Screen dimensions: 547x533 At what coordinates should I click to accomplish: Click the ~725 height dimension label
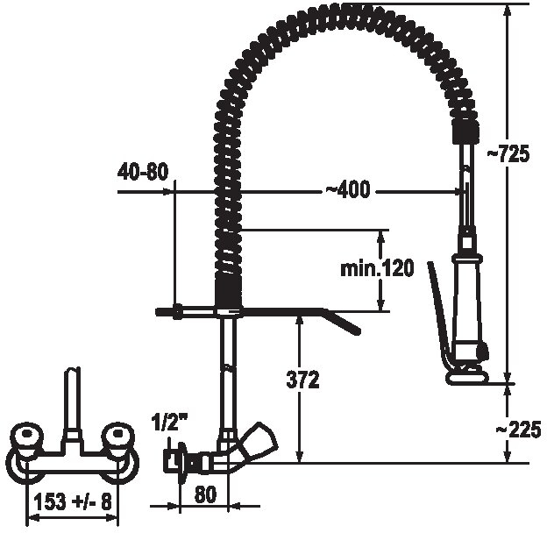tap(508, 153)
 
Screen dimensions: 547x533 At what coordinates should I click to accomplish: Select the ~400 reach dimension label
tap(348, 189)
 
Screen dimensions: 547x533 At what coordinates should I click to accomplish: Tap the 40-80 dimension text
tap(144, 172)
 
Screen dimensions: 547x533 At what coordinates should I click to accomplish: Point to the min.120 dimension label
tap(377, 268)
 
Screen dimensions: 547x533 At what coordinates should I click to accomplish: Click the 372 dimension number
tap(302, 380)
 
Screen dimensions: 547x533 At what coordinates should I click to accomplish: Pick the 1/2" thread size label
tap(168, 423)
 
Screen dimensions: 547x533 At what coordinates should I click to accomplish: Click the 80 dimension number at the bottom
tap(205, 494)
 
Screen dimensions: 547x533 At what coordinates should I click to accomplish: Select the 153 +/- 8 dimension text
tap(73, 502)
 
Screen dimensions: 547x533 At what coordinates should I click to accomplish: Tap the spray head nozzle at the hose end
tap(466, 378)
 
